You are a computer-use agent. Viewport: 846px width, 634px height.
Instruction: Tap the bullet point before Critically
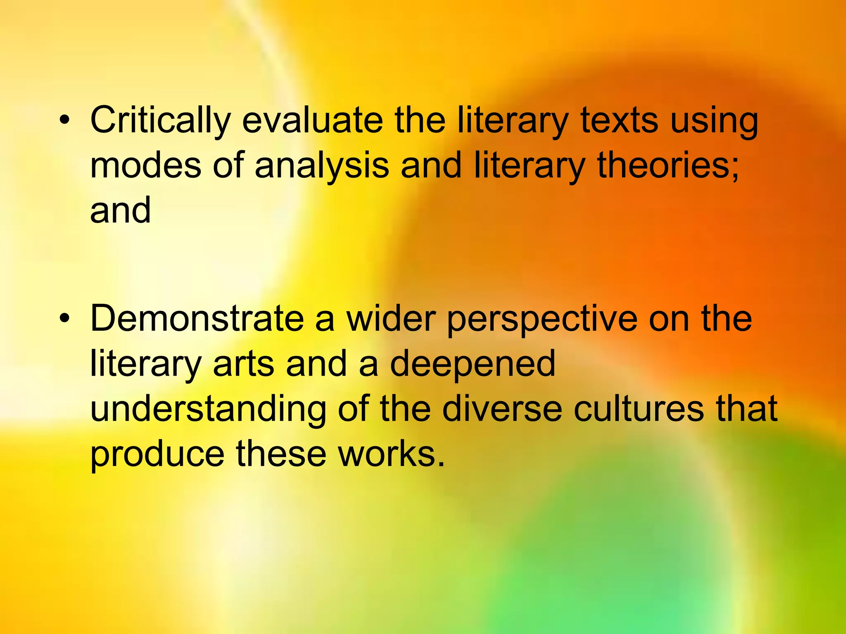click(x=64, y=121)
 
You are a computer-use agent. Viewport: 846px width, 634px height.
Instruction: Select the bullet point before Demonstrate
click(x=64, y=319)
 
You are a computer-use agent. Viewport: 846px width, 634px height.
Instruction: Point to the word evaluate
click(x=312, y=121)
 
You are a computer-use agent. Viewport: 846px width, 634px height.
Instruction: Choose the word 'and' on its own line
click(x=120, y=210)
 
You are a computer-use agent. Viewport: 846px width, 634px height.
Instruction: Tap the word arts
click(x=243, y=364)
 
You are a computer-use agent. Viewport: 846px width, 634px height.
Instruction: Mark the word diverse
click(x=502, y=409)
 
